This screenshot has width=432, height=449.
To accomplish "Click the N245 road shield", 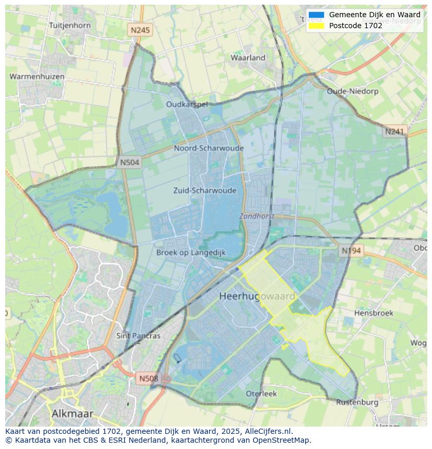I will [x=140, y=30].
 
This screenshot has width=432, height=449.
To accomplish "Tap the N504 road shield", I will [x=129, y=162].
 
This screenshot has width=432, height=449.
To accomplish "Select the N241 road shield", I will [x=394, y=131].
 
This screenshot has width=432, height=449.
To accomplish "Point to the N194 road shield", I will [x=351, y=251].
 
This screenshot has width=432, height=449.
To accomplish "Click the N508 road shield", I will [x=149, y=378].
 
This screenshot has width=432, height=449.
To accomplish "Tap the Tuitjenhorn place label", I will [x=69, y=25].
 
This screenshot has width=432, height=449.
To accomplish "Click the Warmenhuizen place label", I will [x=37, y=77].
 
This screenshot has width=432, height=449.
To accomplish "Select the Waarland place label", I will [x=248, y=58].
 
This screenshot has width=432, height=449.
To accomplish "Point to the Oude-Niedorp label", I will [x=352, y=91].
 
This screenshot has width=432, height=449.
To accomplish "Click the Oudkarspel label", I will [x=187, y=104].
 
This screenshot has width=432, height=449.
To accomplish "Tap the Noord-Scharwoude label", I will [x=209, y=148].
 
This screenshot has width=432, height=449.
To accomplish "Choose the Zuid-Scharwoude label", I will [x=205, y=190].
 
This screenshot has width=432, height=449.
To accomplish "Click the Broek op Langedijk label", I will [x=191, y=252].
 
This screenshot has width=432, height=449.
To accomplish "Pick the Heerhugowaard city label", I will [x=257, y=296].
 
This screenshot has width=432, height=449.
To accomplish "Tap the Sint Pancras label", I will [x=138, y=336].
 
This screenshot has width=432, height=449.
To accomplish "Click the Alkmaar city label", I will [x=73, y=414].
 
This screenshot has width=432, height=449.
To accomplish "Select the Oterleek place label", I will [x=261, y=394].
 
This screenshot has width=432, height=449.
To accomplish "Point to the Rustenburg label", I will [x=357, y=402].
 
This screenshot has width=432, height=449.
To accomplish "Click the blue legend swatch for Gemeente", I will [x=316, y=15].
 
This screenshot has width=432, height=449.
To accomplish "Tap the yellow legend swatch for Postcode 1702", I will [x=316, y=26].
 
